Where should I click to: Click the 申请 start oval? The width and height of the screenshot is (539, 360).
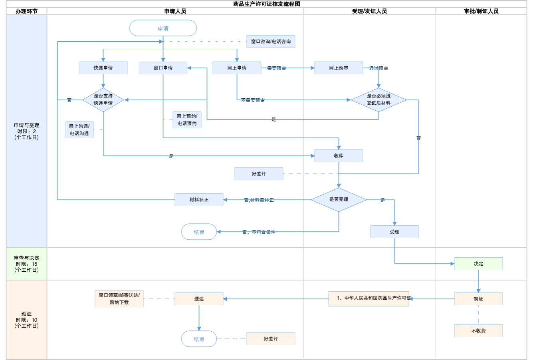pos(163,28)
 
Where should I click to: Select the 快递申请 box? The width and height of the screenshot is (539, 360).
pos(103,68)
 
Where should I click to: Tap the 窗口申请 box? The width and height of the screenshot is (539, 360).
pos(163,68)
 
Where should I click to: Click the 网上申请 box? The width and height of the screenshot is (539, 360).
pos(237,68)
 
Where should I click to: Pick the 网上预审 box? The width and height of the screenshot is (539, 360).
pos(339,68)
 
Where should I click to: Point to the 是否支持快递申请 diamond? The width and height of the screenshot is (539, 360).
pos(103,99)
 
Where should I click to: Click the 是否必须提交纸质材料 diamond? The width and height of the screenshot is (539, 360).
pos(378,99)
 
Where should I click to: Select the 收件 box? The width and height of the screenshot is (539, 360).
pos(339,156)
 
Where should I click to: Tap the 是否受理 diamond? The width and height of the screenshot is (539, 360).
pos(339,199)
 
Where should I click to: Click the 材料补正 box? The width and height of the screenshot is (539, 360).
pos(199,200)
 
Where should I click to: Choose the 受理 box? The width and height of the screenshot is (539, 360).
pos(394,232)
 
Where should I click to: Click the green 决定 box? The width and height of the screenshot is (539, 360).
pos(478,264)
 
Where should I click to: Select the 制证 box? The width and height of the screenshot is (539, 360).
pos(478,299)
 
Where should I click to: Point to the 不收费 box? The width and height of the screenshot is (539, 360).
pos(478,331)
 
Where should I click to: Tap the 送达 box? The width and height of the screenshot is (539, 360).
pos(199,299)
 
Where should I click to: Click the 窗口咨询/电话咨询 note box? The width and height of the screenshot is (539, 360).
pos(271,42)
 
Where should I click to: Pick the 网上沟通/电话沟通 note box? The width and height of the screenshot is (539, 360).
pos(79,130)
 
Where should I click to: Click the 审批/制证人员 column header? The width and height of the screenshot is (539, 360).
pos(481,11)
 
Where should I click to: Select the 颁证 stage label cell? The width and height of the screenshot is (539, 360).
pos(26,320)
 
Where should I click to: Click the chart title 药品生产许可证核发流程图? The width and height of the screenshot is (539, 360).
pos(267,4)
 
